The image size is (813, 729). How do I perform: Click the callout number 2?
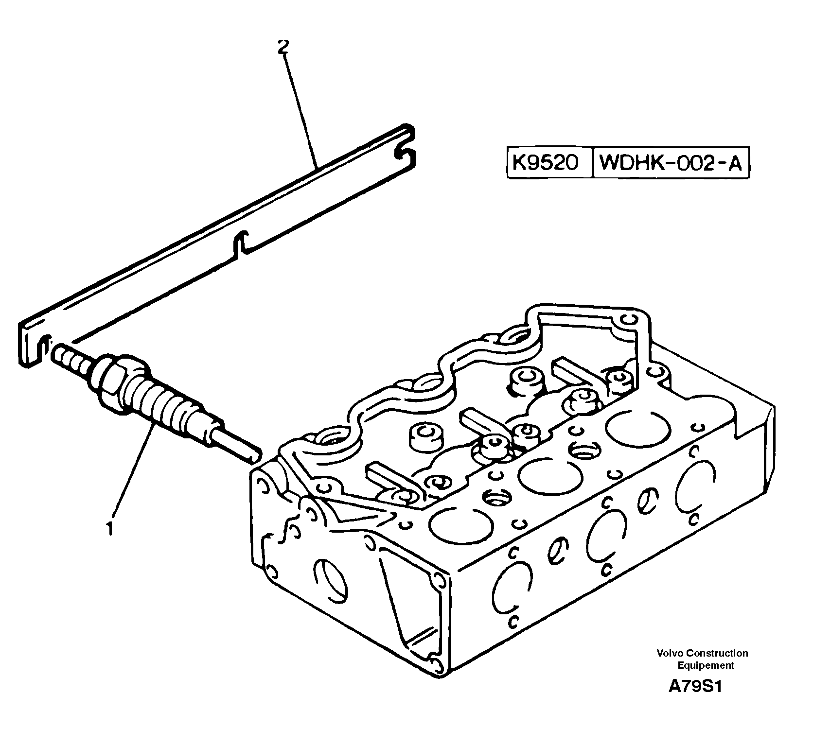coord(283,47)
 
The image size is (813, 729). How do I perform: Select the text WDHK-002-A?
coord(671,163)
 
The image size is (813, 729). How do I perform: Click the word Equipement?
coord(706,666)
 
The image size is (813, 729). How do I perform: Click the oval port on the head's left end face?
coord(331,580)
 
